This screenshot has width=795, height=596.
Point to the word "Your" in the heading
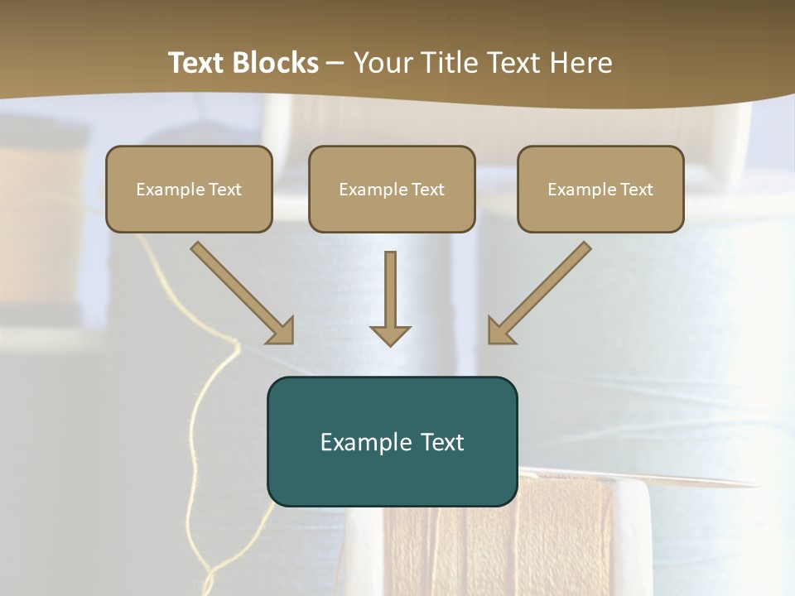[382, 63]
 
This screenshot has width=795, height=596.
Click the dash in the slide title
[335, 64]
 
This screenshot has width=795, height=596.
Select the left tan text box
[189, 189]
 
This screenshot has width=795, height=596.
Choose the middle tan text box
[392, 189]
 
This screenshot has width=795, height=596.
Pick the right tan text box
[600, 189]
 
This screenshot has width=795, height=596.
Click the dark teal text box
[392, 441]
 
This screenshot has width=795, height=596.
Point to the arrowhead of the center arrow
[390, 335]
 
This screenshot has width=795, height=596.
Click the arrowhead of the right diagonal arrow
[499, 331]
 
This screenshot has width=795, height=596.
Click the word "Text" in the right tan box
[636, 190]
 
